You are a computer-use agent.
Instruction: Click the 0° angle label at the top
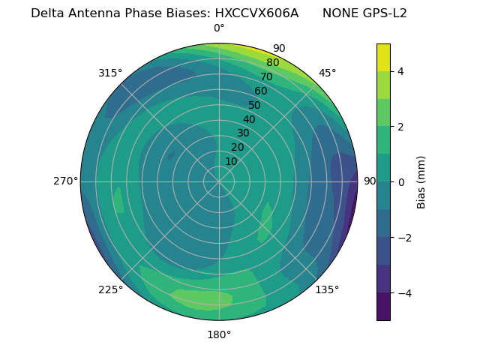(219, 28)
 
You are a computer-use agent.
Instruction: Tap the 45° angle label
(327, 73)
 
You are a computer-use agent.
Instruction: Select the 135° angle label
(327, 289)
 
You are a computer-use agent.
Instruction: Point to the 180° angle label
(219, 334)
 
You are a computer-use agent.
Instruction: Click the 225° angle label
(110, 290)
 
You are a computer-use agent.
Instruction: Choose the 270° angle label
(65, 181)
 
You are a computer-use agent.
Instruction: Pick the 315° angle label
(110, 73)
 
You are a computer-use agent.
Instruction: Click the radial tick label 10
(231, 161)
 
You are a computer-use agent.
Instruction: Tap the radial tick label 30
(243, 133)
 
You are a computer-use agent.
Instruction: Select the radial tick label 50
(254, 106)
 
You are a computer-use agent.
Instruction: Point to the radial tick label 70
(266, 77)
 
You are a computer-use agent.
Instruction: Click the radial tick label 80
(272, 63)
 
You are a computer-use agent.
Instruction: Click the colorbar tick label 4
(401, 71)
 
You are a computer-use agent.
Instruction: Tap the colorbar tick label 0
(401, 182)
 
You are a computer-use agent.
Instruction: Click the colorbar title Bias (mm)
(421, 182)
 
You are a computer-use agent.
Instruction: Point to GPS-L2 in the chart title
(386, 13)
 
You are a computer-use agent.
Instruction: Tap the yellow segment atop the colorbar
(383, 57)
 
